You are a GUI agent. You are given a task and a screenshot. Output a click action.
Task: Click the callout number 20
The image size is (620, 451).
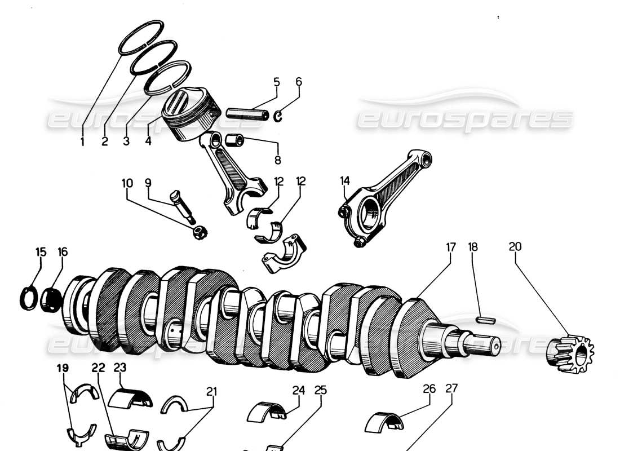pos(515,246)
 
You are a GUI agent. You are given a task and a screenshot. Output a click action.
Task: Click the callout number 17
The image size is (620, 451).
pos(450,246)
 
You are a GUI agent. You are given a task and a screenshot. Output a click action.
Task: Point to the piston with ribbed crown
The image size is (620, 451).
pos(190,114)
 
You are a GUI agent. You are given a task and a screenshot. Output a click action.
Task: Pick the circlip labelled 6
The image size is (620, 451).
pos(278,116)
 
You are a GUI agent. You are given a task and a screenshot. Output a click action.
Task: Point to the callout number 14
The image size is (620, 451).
pos(345,181)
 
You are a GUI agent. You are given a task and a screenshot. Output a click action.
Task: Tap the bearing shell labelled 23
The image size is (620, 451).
pos(130,397)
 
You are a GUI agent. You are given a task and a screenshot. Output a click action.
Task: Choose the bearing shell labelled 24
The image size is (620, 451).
pos(267,412)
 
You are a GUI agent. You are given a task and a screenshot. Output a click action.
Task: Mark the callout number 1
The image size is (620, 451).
pos(82,142)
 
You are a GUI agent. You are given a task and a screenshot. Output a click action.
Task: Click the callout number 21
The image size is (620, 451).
pos(211,391)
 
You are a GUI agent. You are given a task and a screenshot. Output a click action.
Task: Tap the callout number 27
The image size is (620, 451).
pos(451,388)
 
